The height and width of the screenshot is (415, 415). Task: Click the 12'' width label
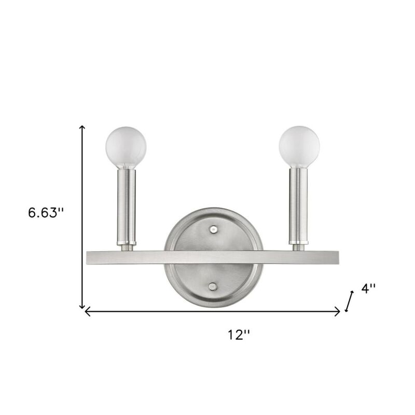point(239,335)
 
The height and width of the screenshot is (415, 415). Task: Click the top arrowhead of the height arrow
point(81,128)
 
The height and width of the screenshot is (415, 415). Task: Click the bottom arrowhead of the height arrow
point(81,307)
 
